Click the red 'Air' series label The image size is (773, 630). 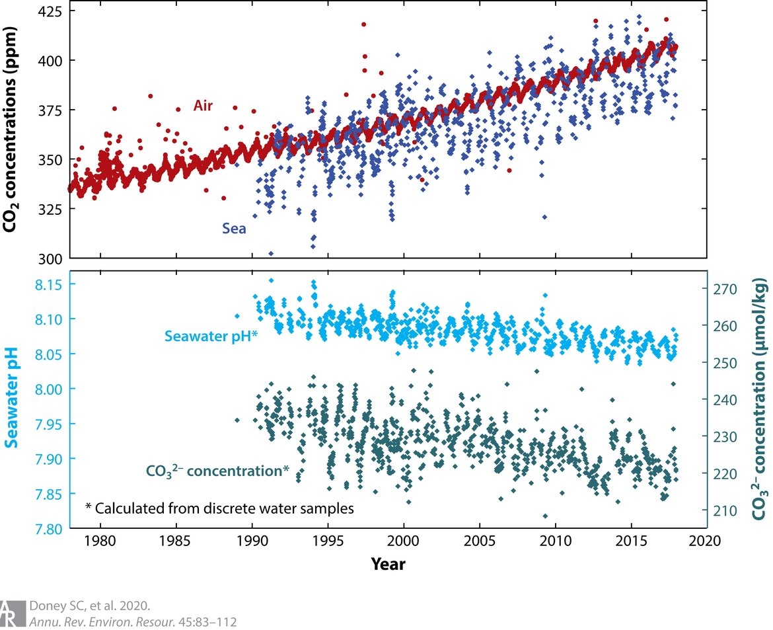[x=203, y=105]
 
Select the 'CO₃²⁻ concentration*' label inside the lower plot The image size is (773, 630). [x=217, y=471]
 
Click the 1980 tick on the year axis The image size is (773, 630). [x=100, y=542]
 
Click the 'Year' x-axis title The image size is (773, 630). [x=388, y=564]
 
